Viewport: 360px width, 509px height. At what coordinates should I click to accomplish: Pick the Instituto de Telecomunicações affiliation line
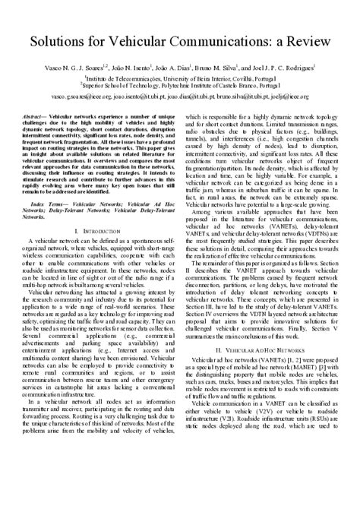point(179,77)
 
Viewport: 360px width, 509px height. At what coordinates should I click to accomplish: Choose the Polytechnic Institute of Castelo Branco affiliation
point(179,86)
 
